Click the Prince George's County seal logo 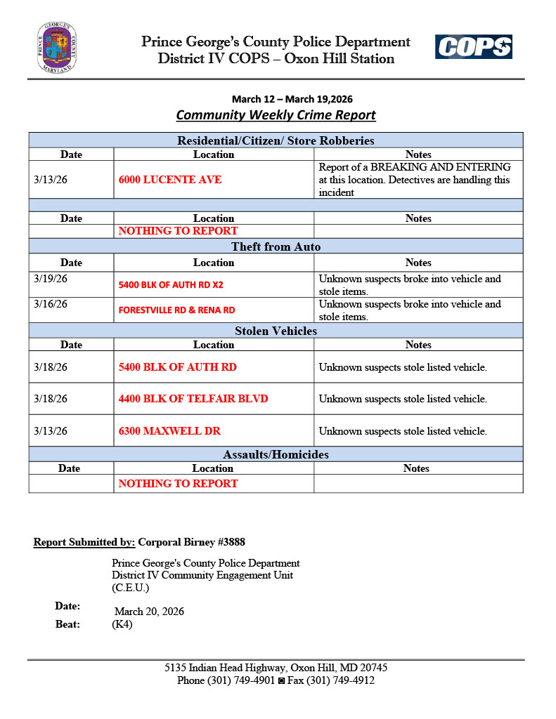pos(56,48)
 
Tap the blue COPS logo pos(473,47)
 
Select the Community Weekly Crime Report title pos(276,114)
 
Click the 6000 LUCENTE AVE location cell pos(170,180)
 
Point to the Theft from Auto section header pos(276,246)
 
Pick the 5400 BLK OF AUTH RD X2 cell pos(171,285)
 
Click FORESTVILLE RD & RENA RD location pos(176,310)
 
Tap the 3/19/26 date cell pos(51,279)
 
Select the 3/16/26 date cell pos(51,304)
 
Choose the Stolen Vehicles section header pos(276,331)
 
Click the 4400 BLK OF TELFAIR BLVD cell pos(193,399)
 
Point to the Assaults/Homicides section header pos(276,454)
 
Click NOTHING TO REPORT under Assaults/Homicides pos(178,483)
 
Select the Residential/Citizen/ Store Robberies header pos(276,140)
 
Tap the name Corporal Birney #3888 pos(191,542)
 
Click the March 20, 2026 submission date pos(149,612)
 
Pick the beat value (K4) pos(122,624)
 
